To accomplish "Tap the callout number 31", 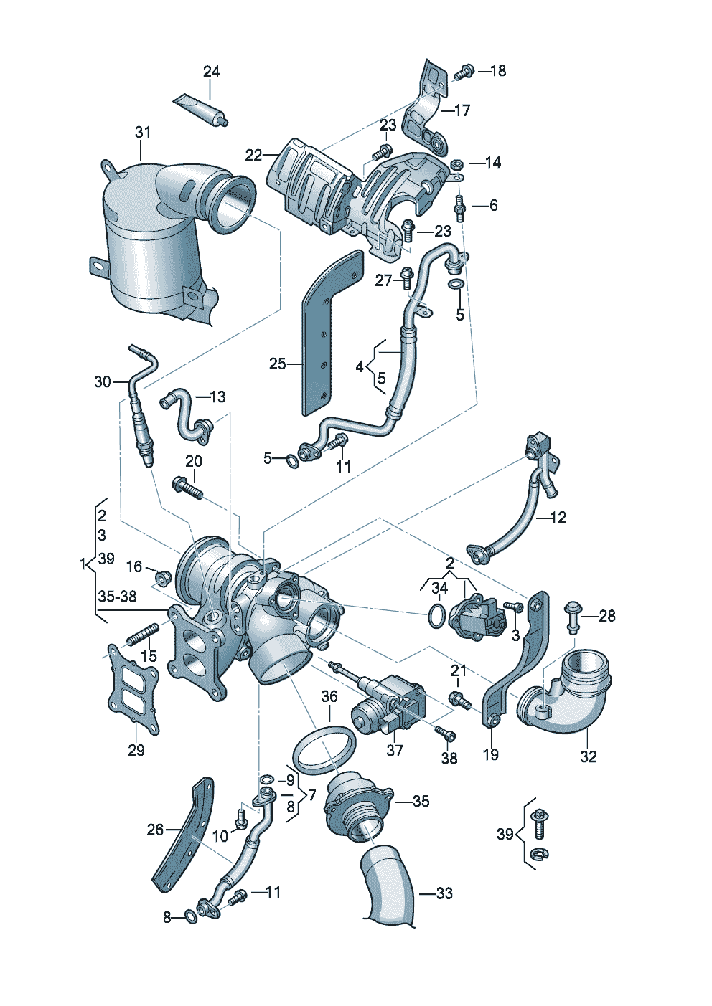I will coord(143,132).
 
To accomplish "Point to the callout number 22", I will coord(254,155).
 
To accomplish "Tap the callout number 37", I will coord(395,750).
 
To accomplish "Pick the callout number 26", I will coord(155,830).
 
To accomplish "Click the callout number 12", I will coord(558,517).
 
